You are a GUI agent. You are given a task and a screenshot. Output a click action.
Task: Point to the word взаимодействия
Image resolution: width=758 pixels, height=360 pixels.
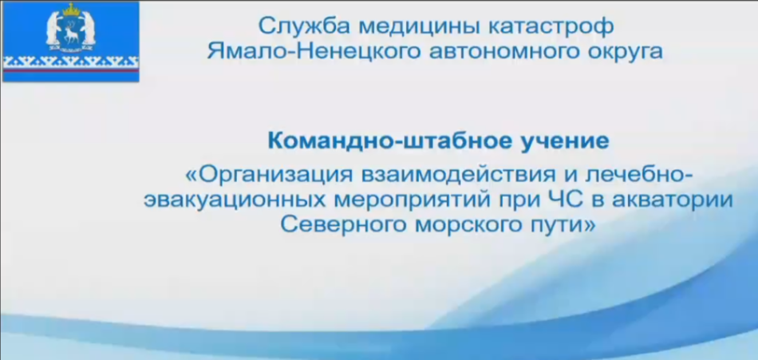[460, 176]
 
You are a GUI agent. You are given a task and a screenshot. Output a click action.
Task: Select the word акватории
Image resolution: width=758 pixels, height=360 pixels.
[673, 200]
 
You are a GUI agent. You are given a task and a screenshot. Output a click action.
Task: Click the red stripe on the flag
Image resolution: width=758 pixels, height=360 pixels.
[70, 71]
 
